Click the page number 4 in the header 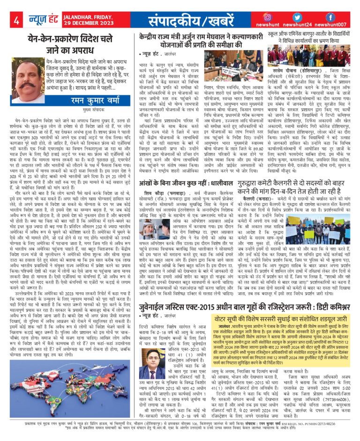click(x=16, y=21)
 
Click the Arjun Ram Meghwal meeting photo click(x=225, y=65)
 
